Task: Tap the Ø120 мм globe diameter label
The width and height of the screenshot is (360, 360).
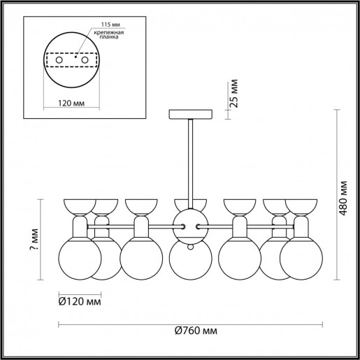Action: tap(79, 302)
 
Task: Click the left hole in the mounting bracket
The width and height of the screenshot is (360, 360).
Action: tap(59, 62)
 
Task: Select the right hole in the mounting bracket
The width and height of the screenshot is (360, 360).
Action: tap(85, 62)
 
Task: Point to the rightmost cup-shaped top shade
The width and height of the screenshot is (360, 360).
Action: tap(301, 206)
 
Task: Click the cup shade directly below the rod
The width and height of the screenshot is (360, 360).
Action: tap(190, 206)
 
